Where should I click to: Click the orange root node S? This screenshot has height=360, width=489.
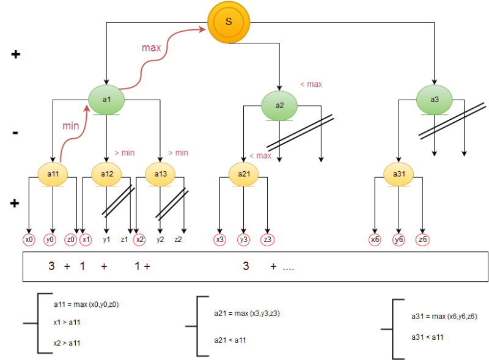click(229, 22)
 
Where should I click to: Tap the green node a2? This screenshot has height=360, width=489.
click(279, 105)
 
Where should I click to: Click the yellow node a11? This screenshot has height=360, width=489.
click(53, 174)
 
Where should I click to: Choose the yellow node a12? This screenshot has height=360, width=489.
click(107, 174)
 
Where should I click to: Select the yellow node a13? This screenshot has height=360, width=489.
click(160, 174)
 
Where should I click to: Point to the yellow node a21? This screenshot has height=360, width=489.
click(244, 174)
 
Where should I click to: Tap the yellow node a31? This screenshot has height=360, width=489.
click(399, 174)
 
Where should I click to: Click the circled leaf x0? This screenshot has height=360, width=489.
click(29, 240)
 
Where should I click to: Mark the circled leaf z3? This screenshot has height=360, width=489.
click(267, 240)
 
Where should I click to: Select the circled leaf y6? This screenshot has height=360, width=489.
click(399, 240)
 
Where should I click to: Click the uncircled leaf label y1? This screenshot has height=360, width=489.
click(106, 240)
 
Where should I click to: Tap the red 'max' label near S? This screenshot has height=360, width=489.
click(152, 47)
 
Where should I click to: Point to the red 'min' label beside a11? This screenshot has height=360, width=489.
click(72, 126)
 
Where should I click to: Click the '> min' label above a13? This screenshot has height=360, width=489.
click(178, 152)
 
